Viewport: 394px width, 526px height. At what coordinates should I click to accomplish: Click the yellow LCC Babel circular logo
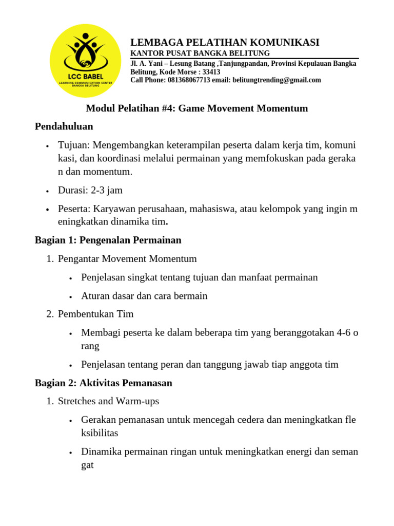click(x=85, y=61)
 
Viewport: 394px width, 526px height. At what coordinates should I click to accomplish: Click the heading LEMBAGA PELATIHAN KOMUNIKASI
click(x=225, y=42)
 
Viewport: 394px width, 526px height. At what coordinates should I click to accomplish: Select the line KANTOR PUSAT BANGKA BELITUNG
click(x=200, y=53)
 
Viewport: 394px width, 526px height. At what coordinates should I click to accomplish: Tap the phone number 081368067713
click(x=189, y=80)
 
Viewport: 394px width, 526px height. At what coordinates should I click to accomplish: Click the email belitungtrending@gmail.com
click(x=277, y=80)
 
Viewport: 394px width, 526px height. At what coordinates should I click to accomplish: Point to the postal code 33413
click(x=211, y=72)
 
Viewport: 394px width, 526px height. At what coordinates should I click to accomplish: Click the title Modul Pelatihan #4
click(x=196, y=108)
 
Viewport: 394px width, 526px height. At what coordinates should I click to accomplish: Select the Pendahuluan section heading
click(x=64, y=126)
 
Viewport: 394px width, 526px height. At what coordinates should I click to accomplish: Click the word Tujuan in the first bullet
click(x=73, y=145)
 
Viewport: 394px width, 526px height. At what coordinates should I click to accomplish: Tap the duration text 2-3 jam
click(x=107, y=190)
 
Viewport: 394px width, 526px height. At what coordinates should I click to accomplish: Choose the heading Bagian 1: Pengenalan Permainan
click(x=108, y=240)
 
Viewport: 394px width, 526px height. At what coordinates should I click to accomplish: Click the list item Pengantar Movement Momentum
click(x=127, y=259)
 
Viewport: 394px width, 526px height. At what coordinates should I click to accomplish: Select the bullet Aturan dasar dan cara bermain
click(x=144, y=296)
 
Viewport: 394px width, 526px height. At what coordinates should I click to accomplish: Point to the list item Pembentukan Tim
click(x=95, y=314)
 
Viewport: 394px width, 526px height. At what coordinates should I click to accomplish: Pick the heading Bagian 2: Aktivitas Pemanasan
click(x=103, y=383)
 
